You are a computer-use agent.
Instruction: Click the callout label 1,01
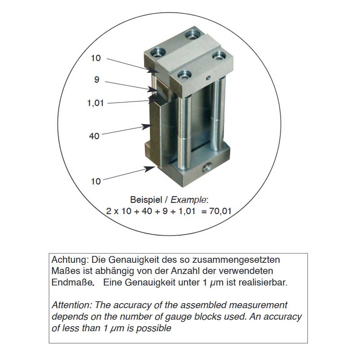pyautogui.click(x=95, y=103)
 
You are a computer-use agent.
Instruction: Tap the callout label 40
pyautogui.click(x=94, y=136)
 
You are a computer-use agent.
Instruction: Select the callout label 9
pyautogui.click(x=96, y=80)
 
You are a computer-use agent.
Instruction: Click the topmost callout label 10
pyautogui.click(x=96, y=58)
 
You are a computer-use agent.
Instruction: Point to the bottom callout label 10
pyautogui.click(x=96, y=181)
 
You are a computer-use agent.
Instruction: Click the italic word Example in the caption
pyautogui.click(x=189, y=200)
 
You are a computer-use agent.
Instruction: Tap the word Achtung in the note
pyautogui.click(x=68, y=260)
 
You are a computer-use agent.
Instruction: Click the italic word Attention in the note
pyautogui.click(x=71, y=305)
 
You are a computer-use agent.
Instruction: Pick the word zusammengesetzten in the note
pyautogui.click(x=236, y=260)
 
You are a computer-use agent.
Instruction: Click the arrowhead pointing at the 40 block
pyautogui.click(x=146, y=126)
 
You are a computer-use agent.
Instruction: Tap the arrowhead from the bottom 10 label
pyautogui.click(x=150, y=169)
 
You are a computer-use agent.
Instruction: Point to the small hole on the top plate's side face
pyautogui.click(x=208, y=78)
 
